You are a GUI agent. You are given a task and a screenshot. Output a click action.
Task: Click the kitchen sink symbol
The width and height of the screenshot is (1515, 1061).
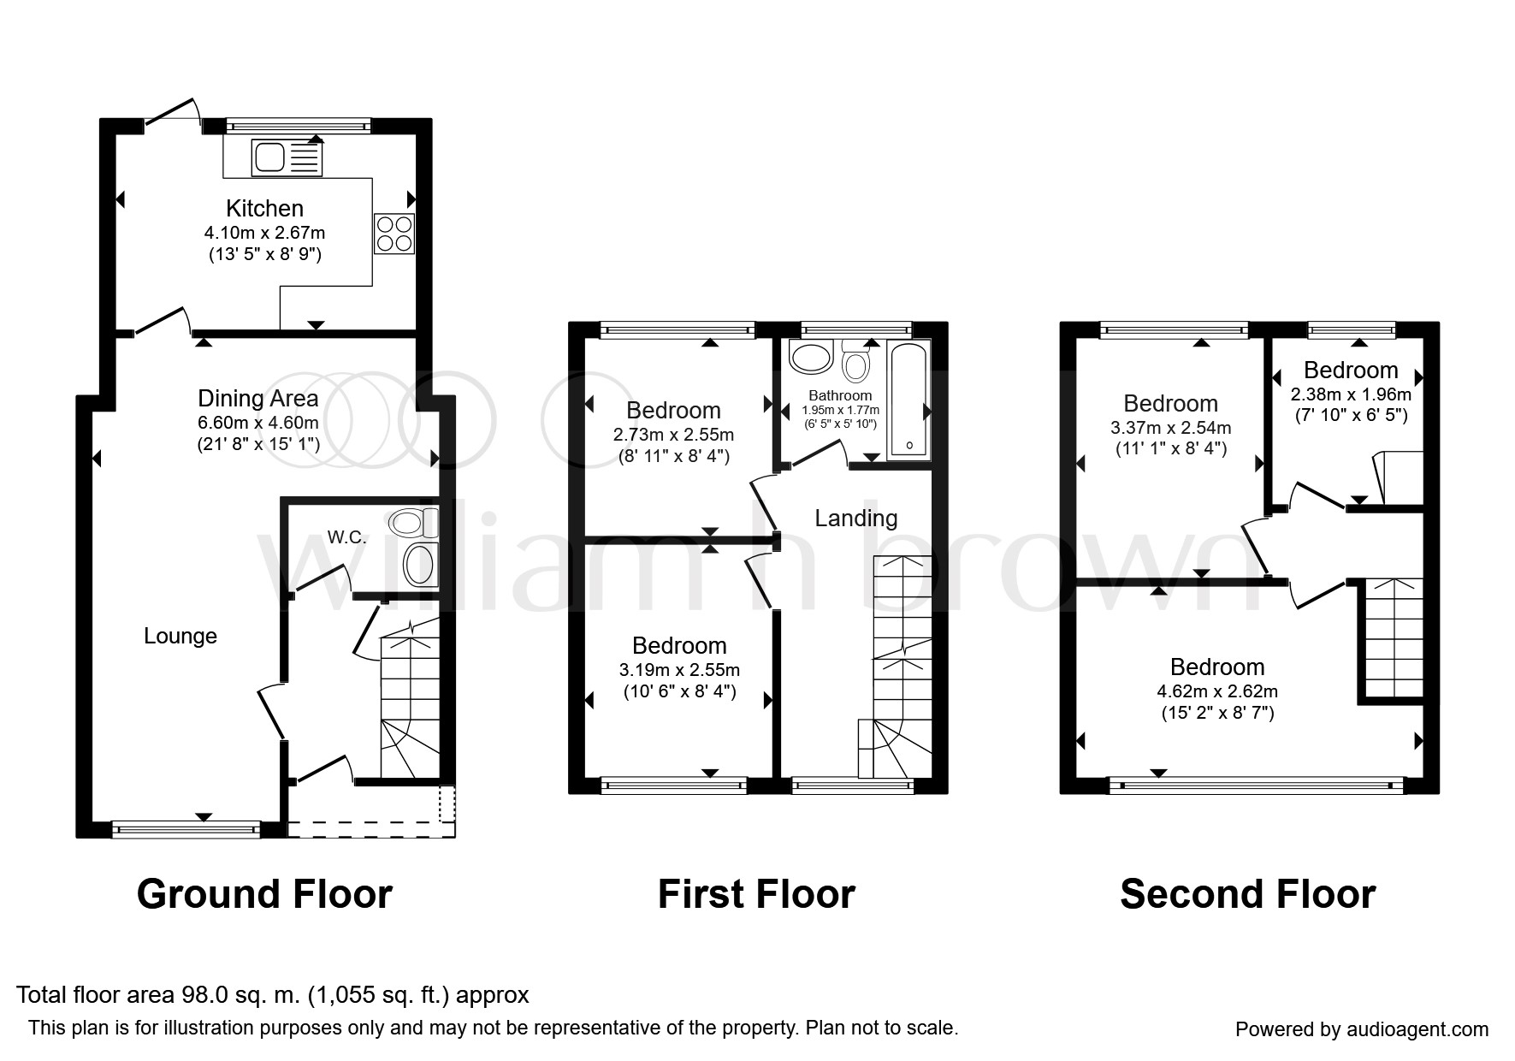(287, 157)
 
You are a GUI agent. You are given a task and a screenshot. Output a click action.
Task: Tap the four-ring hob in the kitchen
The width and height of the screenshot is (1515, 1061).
(394, 233)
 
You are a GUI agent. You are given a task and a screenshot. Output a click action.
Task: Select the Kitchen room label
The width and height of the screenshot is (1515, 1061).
(264, 208)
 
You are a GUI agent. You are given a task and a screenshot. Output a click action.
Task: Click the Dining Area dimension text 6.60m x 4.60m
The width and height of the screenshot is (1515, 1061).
(258, 422)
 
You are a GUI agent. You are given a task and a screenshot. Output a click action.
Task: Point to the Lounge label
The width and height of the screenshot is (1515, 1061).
(180, 636)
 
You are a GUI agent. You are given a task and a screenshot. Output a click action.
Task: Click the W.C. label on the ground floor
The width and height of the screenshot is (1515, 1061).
(346, 537)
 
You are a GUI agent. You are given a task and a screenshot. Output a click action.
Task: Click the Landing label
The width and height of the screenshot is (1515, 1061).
(856, 518)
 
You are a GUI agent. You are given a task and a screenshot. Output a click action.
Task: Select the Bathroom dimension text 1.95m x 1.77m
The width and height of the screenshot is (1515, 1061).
(840, 411)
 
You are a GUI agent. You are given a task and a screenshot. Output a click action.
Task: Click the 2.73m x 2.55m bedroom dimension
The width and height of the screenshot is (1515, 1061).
(674, 435)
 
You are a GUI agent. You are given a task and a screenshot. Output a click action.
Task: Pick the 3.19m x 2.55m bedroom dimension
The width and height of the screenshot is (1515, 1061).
(680, 670)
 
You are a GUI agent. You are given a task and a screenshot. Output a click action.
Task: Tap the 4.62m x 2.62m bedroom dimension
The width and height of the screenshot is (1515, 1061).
(1218, 691)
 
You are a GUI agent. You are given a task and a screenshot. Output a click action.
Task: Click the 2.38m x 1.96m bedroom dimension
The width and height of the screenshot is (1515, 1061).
(1351, 394)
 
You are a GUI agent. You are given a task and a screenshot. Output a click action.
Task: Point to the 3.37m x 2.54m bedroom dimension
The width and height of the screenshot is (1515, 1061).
(1170, 427)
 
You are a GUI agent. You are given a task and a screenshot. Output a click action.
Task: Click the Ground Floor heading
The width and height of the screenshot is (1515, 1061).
(264, 894)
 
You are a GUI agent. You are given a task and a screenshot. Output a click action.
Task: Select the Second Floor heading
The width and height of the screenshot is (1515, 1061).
(1247, 894)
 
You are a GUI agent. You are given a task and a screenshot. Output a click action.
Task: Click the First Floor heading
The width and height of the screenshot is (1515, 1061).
(756, 894)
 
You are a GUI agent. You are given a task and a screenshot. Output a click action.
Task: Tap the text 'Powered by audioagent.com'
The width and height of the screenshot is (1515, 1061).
(1362, 1029)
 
